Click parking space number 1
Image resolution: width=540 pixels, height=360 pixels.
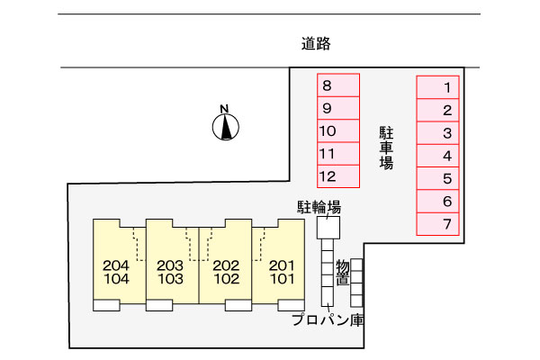[x=438, y=87]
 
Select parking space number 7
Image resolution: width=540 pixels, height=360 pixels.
[x=438, y=223]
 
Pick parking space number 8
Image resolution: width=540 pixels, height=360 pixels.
[x=338, y=86]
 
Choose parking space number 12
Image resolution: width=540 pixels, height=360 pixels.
[x=338, y=175]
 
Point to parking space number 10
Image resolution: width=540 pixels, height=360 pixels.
[x=338, y=131]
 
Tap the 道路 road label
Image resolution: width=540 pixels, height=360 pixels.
[x=311, y=42]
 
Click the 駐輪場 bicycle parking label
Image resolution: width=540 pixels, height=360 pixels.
[x=319, y=207]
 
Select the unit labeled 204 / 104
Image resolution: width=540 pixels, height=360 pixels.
[x=117, y=272]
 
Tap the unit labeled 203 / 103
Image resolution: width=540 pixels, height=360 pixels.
[x=170, y=272]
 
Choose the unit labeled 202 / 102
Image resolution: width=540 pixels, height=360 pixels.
[x=224, y=272]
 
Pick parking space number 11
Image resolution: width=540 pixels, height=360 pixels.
[x=338, y=154]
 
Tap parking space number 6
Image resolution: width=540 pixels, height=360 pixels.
[x=438, y=201]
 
